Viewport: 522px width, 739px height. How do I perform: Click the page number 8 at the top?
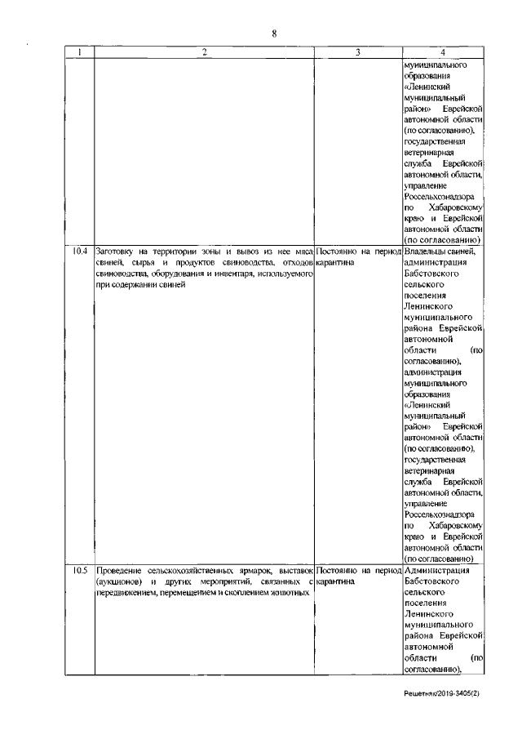tap(274, 33)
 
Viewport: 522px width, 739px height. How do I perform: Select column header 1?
tap(79, 53)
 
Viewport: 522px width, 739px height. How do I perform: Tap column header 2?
tap(204, 53)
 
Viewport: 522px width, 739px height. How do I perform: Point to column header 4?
tap(445, 53)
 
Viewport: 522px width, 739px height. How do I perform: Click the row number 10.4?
tap(79, 252)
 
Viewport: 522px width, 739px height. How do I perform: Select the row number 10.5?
tap(79, 570)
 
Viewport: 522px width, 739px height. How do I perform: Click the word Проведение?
tap(118, 570)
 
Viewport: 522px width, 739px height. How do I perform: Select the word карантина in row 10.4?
tap(334, 262)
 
